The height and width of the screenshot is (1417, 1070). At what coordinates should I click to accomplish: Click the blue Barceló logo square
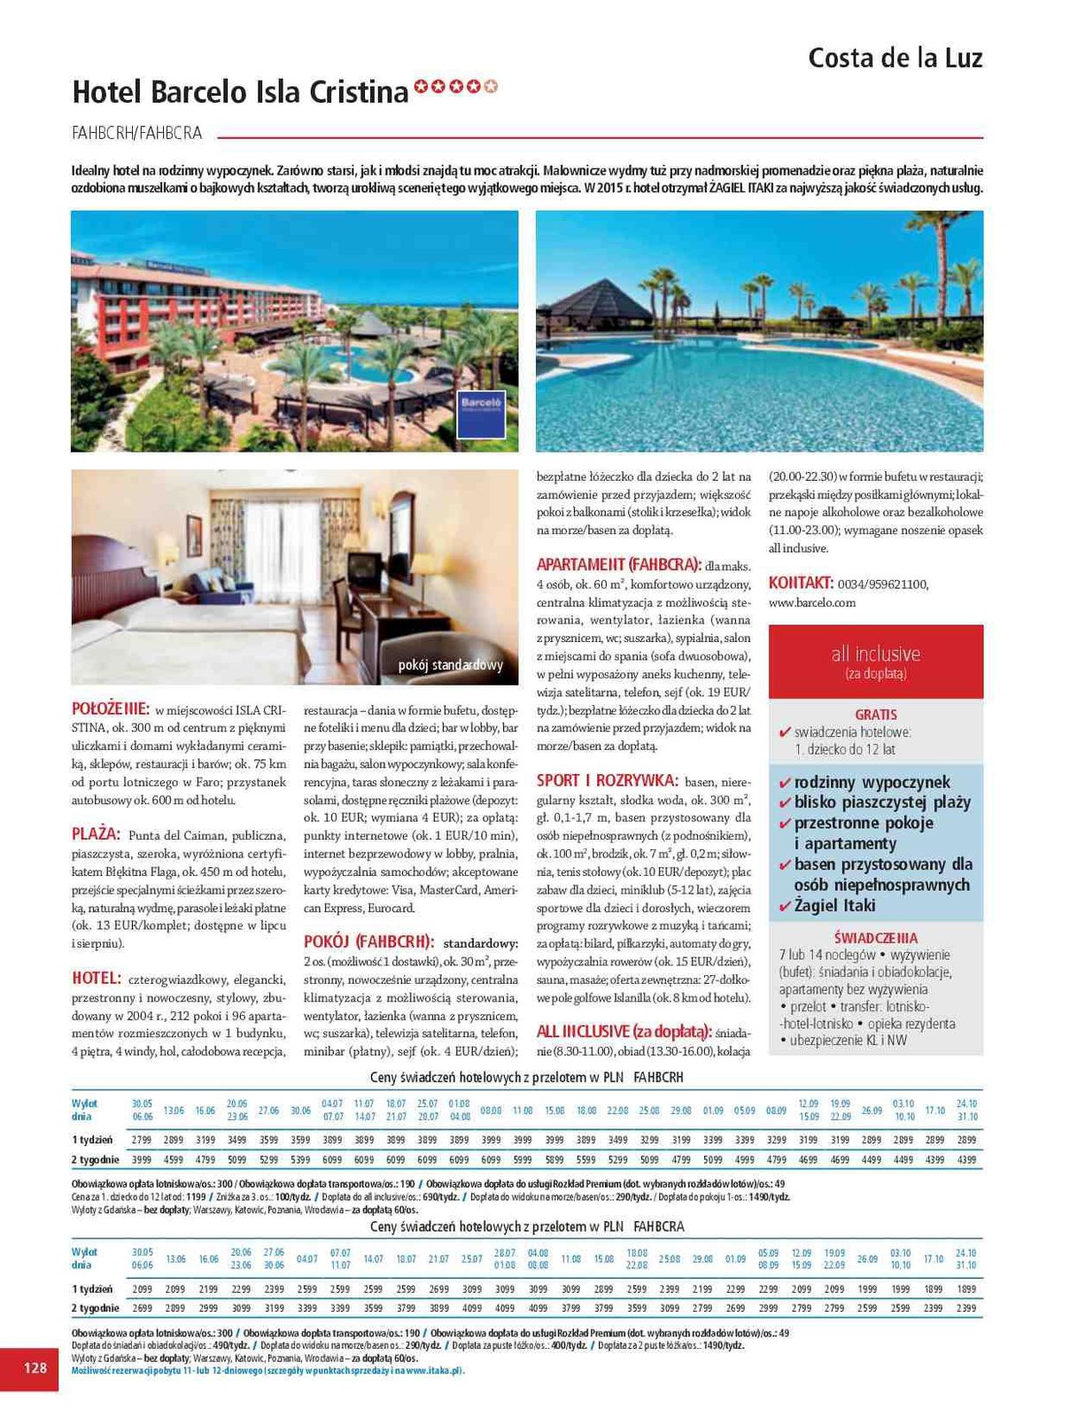[481, 414]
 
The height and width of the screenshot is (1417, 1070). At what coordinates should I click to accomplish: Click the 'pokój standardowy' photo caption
[450, 664]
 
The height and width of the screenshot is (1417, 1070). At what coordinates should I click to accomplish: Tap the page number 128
[35, 1367]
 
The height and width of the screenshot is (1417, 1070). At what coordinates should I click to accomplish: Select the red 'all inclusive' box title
[875, 654]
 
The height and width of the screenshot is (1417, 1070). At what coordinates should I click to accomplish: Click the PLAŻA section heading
[96, 833]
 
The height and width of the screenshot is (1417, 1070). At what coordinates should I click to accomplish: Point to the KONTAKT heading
[801, 583]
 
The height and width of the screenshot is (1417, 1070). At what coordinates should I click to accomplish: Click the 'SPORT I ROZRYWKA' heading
[607, 780]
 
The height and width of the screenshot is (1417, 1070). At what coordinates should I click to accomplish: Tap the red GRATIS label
[875, 714]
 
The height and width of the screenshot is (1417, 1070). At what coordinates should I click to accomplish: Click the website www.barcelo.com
[811, 602]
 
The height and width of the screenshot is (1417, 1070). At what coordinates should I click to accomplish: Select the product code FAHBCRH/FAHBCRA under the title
[136, 133]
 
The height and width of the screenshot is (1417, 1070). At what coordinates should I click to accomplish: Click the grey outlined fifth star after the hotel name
[492, 86]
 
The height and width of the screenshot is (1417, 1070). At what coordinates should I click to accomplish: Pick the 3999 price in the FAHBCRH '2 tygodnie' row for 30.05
[142, 1158]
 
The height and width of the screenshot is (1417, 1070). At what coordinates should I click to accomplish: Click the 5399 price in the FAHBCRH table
[300, 1158]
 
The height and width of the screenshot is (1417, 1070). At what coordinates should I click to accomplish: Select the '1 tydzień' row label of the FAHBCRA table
[92, 1289]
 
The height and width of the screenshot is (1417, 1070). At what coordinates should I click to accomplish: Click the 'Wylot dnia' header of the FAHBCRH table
[85, 1110]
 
